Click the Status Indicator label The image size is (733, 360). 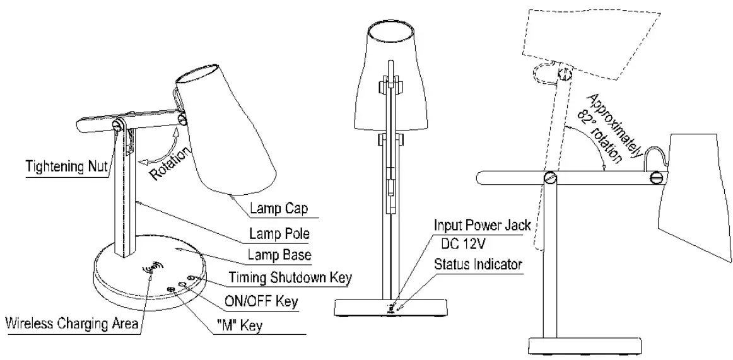(x=479, y=264)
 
